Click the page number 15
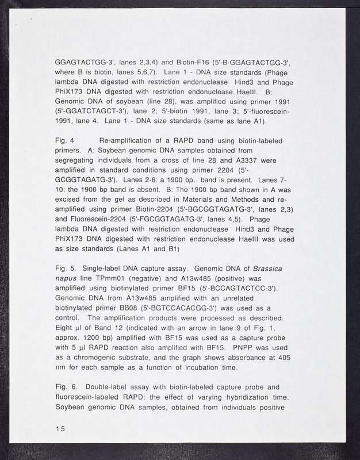pos(59,429)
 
